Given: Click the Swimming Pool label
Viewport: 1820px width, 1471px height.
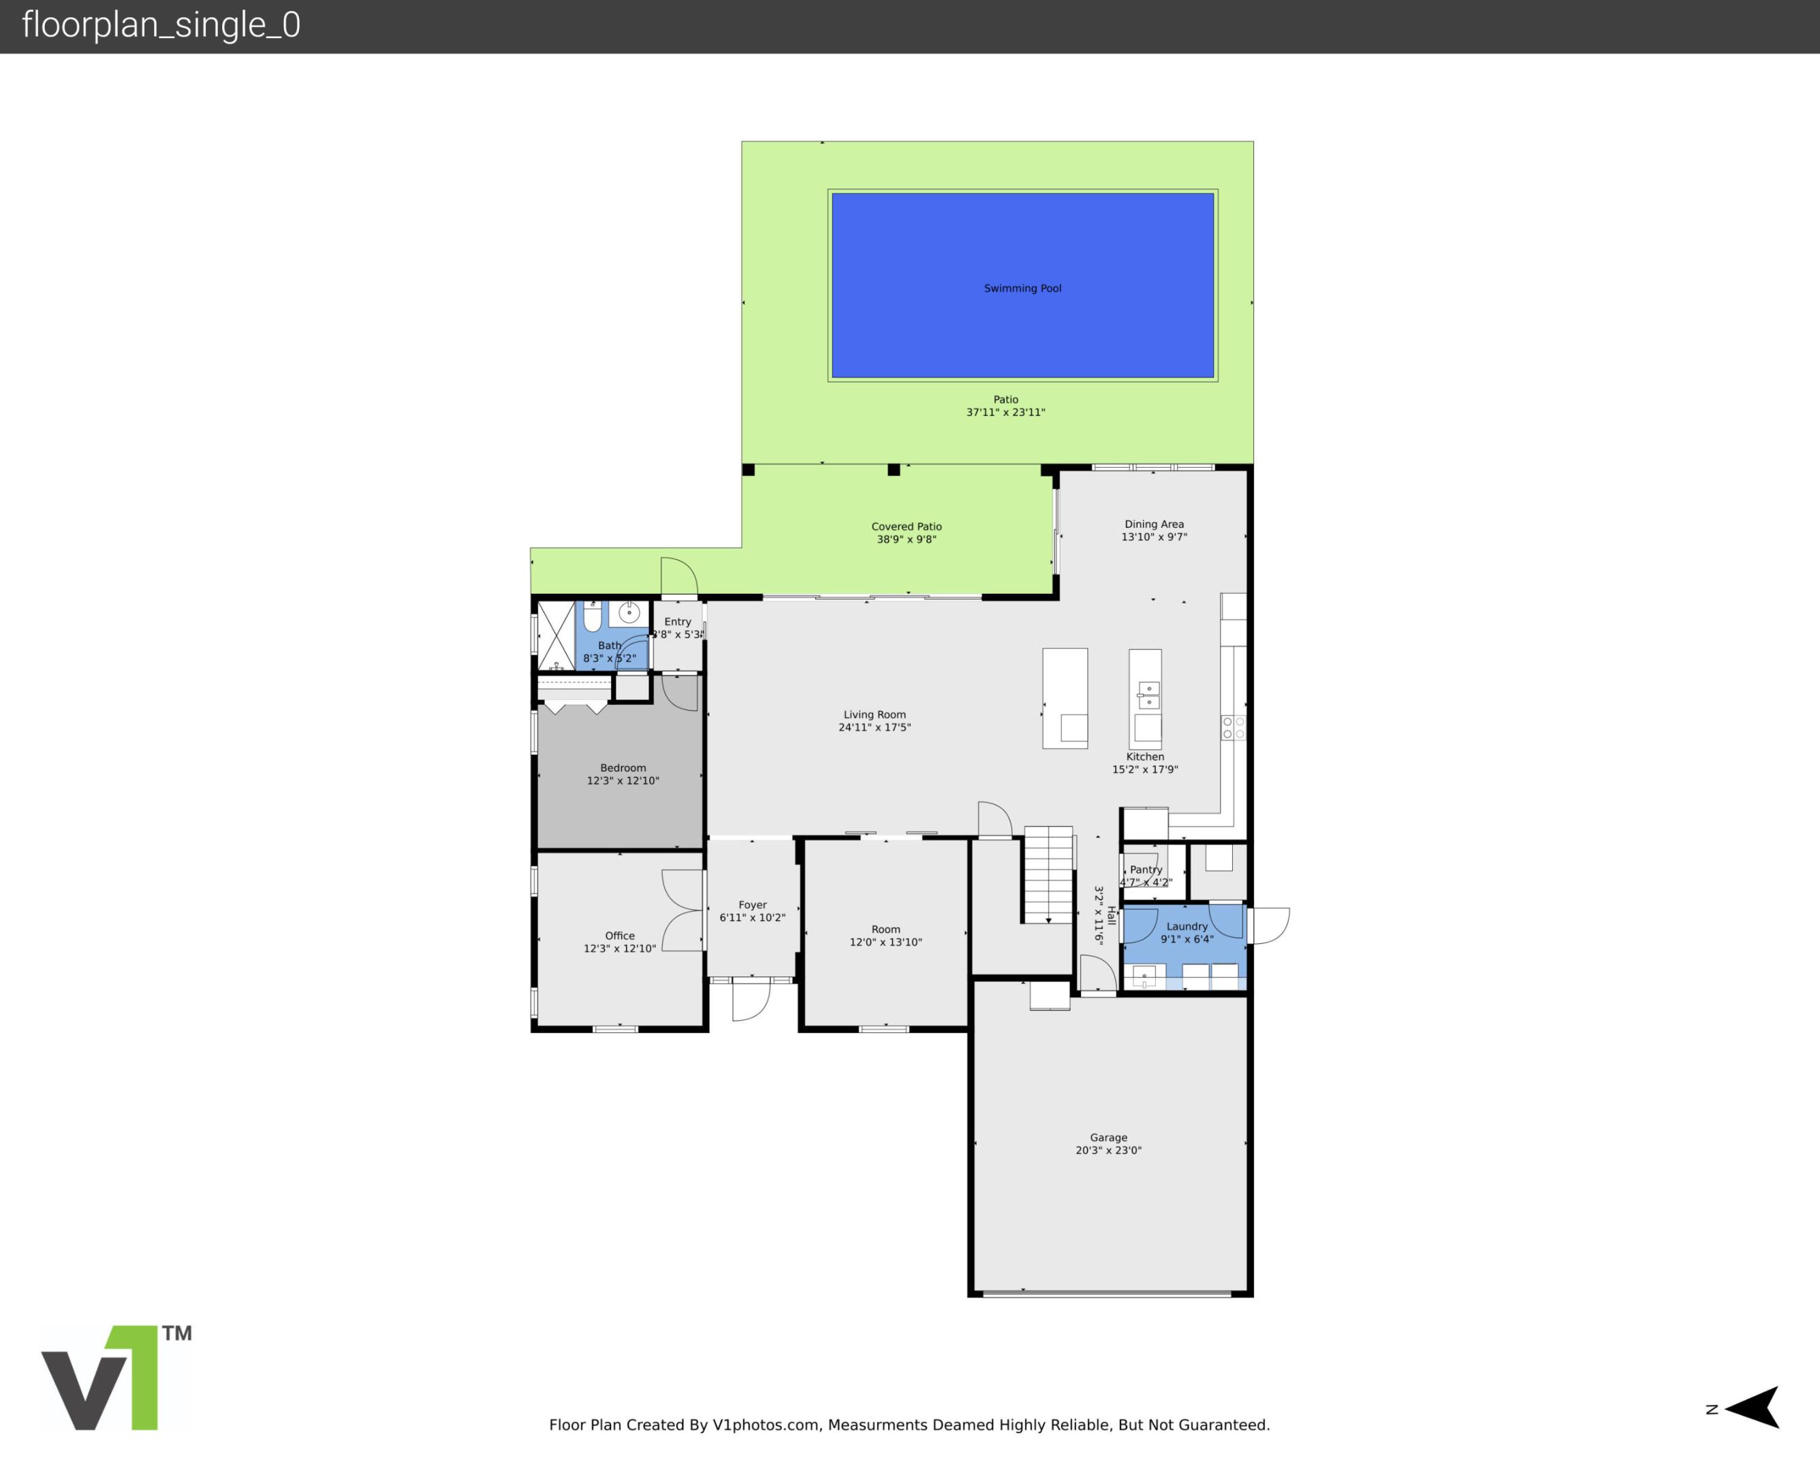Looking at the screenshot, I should click(x=1022, y=288).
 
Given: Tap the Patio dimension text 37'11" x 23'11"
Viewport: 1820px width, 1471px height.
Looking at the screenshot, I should click(x=1006, y=413).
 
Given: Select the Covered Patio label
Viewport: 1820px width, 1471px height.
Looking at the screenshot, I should click(x=906, y=526).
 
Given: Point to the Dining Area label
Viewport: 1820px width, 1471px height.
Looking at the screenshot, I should click(x=1154, y=524).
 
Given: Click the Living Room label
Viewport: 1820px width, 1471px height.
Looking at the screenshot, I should click(x=875, y=714).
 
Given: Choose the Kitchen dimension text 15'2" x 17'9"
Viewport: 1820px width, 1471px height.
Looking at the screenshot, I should click(x=1145, y=770).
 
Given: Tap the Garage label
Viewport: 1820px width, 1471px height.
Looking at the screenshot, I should click(x=1108, y=1137).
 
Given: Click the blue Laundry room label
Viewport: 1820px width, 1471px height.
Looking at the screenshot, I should click(x=1187, y=926).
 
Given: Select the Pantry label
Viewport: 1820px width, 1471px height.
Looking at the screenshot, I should click(x=1146, y=870).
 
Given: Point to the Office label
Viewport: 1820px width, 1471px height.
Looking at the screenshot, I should click(x=619, y=936).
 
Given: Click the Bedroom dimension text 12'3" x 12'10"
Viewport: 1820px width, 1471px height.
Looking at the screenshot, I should click(x=623, y=780).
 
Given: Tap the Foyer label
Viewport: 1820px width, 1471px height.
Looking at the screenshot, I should click(x=753, y=905).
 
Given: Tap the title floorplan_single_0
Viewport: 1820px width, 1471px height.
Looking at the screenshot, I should click(x=161, y=25).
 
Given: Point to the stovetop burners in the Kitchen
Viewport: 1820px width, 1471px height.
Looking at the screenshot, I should click(x=1233, y=727).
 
